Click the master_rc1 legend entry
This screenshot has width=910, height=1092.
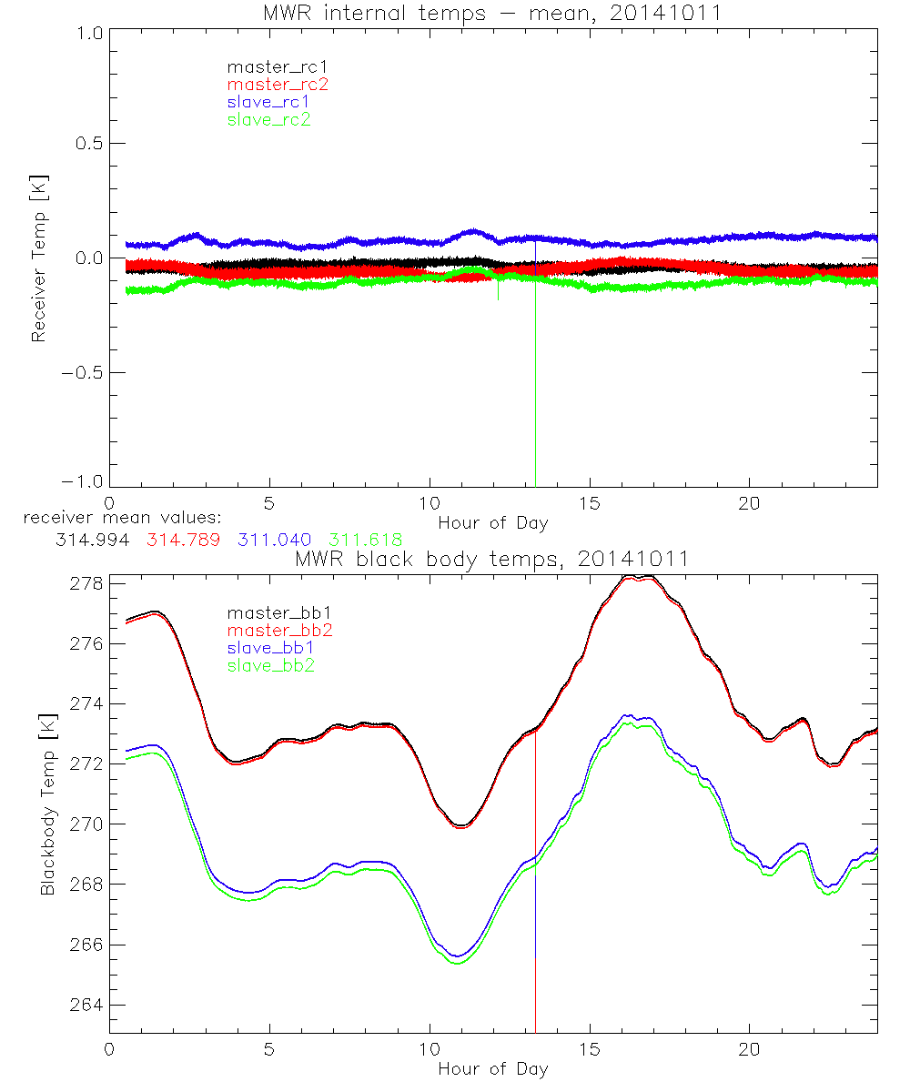click(269, 67)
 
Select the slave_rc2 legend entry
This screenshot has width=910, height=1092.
click(268, 119)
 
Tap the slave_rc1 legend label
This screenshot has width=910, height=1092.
click(268, 102)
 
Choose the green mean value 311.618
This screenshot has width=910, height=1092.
click(365, 540)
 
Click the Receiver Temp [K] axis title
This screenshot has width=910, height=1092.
click(38, 257)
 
